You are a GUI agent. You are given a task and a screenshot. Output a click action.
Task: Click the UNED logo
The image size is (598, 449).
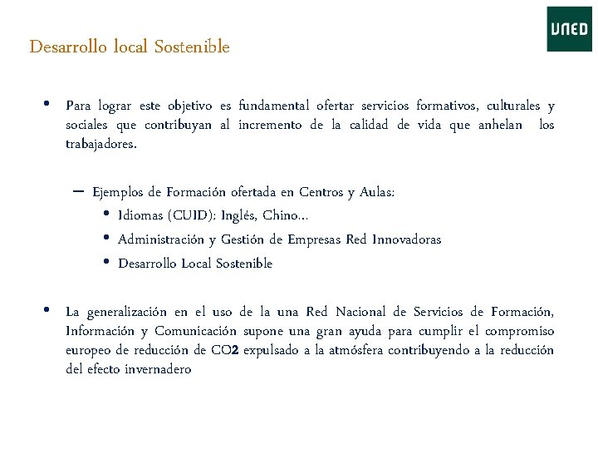point(569,29)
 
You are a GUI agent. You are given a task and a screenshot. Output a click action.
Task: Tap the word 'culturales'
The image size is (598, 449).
point(512,106)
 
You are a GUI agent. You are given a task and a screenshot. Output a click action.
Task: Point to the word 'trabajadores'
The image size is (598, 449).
point(100,144)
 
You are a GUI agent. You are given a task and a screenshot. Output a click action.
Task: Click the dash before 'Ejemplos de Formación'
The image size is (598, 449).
point(78,191)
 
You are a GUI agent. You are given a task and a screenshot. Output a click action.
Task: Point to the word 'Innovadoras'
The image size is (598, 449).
point(405,239)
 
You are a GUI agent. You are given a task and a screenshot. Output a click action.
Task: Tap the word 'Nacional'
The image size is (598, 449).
point(362,313)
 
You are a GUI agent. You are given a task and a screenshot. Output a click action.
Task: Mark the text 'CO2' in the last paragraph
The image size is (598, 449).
point(223,350)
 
